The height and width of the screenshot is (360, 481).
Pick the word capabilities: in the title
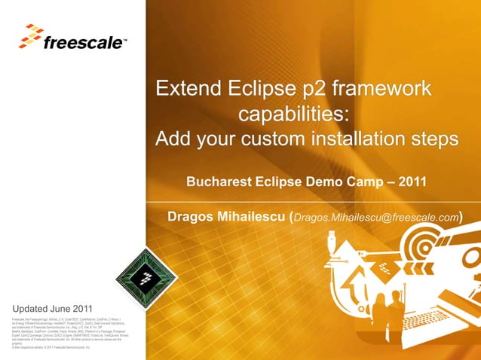(x=293, y=115)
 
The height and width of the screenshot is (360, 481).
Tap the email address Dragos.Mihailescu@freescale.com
(x=375, y=218)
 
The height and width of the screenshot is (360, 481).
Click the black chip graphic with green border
(x=143, y=278)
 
